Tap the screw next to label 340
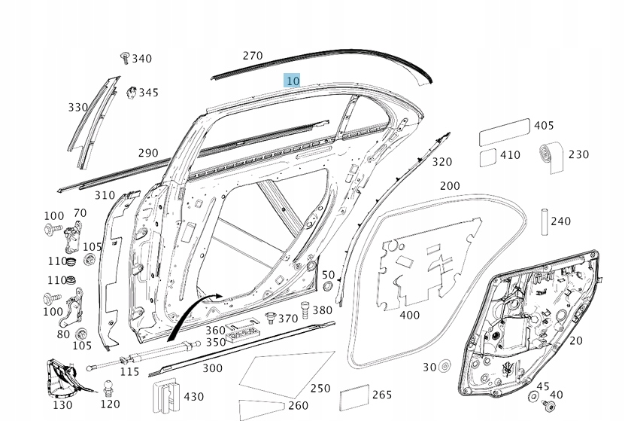click(x=125, y=58)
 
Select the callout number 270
click(x=253, y=56)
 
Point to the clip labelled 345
click(x=129, y=92)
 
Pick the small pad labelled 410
click(x=487, y=157)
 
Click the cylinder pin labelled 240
click(x=542, y=221)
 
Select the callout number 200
click(x=450, y=186)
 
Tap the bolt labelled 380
click(x=305, y=310)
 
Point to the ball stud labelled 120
click(x=108, y=389)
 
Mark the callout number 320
click(x=442, y=162)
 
